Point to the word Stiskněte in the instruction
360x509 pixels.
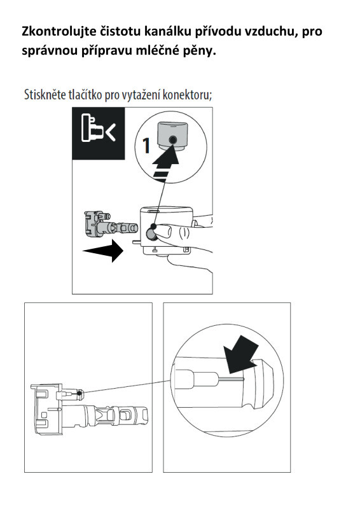45,95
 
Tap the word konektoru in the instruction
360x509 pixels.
187,95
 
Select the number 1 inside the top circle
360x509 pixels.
146,146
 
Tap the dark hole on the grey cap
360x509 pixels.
173,139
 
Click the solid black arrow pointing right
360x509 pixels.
103,251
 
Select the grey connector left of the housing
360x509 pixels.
111,224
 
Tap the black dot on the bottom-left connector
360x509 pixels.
79,393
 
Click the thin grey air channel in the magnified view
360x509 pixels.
230,379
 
